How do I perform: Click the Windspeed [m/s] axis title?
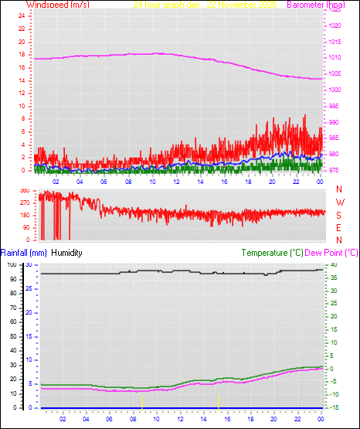(57, 5)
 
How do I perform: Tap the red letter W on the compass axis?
(340, 203)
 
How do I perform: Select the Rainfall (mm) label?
(24, 253)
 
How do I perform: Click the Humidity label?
(66, 253)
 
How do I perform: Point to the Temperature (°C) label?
(272, 253)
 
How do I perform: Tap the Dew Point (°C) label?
(331, 253)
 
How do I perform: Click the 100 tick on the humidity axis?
(11, 264)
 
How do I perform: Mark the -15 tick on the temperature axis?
(332, 407)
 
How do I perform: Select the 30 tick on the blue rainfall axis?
(29, 264)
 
